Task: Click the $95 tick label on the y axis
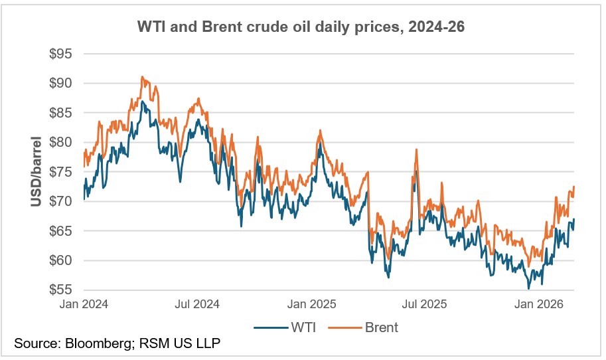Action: tap(61, 54)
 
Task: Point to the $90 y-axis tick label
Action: tap(61, 83)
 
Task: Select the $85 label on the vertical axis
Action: tap(61, 113)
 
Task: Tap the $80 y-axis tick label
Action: tap(61, 142)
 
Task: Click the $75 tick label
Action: tap(61, 172)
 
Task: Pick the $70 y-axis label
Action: tap(61, 201)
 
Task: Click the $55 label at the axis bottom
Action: tap(61, 290)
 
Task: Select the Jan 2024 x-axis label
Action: tap(84, 305)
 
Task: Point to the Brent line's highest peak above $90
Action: tap(142, 77)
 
